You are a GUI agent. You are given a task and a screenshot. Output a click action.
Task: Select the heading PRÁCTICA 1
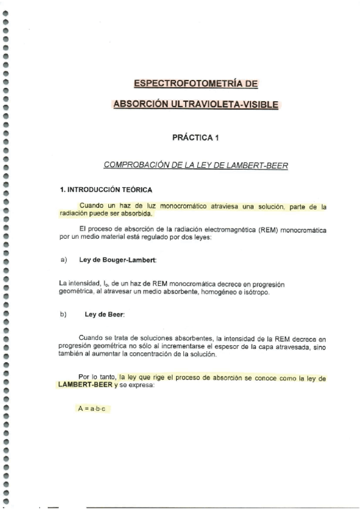(x=195, y=138)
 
